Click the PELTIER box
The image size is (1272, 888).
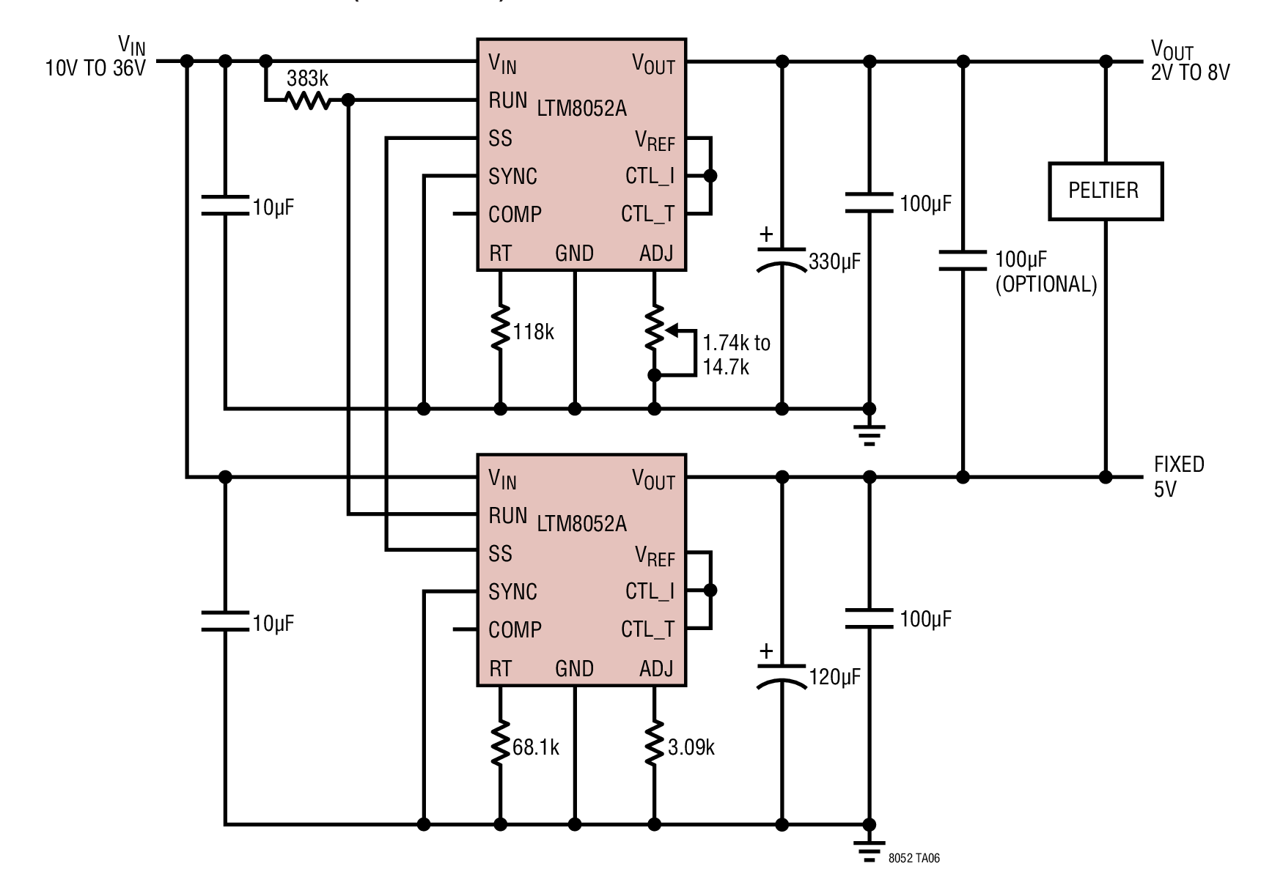point(1106,190)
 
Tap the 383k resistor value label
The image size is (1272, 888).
point(307,78)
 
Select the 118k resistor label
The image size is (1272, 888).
point(533,332)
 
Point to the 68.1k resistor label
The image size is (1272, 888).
point(536,747)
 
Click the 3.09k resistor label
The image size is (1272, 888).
point(691,747)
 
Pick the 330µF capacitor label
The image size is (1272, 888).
point(834,262)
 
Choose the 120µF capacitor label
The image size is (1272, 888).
point(834,677)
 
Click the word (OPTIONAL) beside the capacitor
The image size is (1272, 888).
point(1046,284)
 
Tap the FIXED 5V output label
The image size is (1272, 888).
point(1179,476)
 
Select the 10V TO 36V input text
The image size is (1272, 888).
point(96,69)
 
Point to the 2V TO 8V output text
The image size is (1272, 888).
point(1191,73)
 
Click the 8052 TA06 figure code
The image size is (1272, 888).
point(913,858)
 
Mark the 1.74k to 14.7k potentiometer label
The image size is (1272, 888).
point(736,355)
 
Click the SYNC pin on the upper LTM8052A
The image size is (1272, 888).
point(512,177)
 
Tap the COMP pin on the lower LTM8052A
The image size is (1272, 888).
point(515,630)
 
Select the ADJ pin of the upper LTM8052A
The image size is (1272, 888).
point(656,254)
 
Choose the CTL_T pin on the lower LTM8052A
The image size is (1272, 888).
point(647,629)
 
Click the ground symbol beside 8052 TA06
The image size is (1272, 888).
point(870,851)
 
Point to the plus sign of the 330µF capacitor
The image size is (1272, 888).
point(766,234)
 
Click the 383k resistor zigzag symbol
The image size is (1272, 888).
point(308,100)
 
